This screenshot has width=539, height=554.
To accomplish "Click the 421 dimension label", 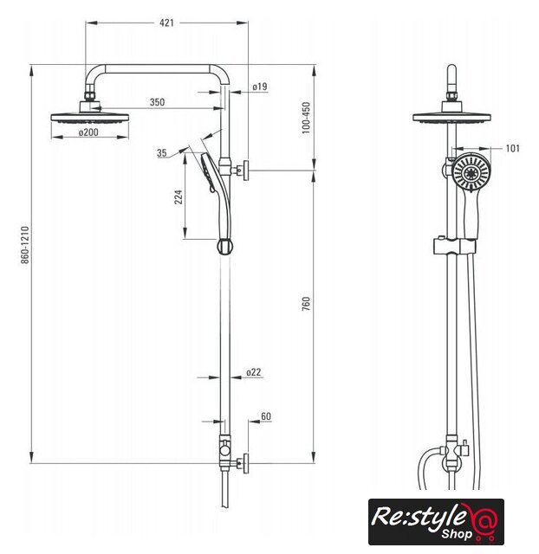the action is [166, 23].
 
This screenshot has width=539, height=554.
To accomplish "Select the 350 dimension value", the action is [157, 102].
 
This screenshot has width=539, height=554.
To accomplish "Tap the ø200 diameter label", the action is [88, 132].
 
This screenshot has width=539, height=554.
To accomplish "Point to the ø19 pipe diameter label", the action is [260, 87].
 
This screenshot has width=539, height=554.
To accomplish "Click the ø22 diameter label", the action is [254, 372].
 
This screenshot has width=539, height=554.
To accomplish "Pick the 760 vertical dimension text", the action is [306, 304].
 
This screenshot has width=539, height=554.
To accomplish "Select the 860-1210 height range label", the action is [25, 245].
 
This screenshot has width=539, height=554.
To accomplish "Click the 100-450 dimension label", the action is [306, 118].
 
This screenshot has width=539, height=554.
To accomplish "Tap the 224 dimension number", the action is [179, 196].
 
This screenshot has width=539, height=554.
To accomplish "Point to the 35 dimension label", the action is [162, 153].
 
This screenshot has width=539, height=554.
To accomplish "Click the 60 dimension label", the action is [266, 416].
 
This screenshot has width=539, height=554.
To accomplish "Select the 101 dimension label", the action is [512, 148].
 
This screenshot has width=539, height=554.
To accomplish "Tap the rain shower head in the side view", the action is [90, 113].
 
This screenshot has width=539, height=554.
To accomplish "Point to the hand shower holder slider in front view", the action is [454, 246].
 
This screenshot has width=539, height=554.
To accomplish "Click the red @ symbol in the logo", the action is [485, 519].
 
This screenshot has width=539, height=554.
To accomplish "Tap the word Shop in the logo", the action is [457, 534].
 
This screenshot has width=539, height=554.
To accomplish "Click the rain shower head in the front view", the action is [451, 113].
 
